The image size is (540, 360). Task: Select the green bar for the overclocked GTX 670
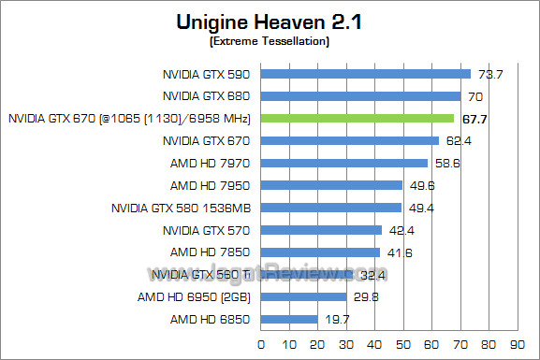coord(357,119)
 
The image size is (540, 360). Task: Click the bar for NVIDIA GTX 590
coord(365,74)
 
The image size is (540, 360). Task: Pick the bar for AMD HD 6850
coord(288,319)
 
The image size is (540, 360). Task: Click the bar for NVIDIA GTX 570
coord(321,230)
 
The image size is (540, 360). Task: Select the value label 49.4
coord(417,208)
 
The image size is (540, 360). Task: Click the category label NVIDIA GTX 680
coord(208,96)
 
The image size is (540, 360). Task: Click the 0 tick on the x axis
coord(261,344)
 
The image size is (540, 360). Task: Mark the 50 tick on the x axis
coord(402,344)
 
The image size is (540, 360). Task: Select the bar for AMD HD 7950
coord(331,185)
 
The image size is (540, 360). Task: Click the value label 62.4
coord(455,141)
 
